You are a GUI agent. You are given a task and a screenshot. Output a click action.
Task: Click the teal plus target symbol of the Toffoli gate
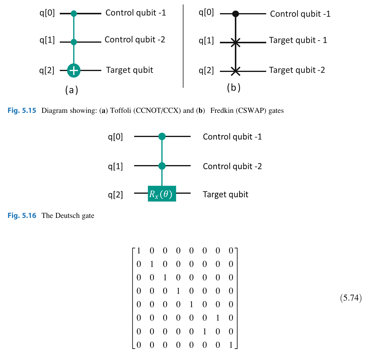[74, 70]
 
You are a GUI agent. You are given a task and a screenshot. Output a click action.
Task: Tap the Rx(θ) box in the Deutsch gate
[162, 194]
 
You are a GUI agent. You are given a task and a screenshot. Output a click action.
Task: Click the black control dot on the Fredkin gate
[235, 14]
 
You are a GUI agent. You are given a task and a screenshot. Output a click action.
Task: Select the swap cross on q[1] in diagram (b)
[235, 42]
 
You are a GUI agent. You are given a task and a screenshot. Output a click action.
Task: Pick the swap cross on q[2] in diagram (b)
[235, 71]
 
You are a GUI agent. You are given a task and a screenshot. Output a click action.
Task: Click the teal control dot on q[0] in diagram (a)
[74, 13]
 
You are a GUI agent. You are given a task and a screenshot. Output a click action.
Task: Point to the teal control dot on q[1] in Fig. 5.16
[162, 166]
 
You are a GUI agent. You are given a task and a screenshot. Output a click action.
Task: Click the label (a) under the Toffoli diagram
[72, 90]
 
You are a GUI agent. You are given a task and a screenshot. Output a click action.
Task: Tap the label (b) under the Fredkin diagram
[234, 87]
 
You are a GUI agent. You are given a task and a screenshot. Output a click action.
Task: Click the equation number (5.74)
[351, 298]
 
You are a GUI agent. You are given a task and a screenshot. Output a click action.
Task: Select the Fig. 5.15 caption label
[22, 110]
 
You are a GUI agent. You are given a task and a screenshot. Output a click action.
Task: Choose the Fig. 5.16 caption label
[22, 216]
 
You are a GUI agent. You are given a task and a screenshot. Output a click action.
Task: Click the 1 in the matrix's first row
[139, 251]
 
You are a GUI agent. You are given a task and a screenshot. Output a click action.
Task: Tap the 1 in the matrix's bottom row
[231, 345]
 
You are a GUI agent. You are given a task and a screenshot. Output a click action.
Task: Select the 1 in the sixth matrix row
[218, 318]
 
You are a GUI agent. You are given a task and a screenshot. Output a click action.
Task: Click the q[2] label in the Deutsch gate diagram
[115, 195]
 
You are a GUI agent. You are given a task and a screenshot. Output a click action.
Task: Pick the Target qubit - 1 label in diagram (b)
[298, 40]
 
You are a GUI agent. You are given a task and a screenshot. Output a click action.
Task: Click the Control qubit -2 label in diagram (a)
[135, 40]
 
